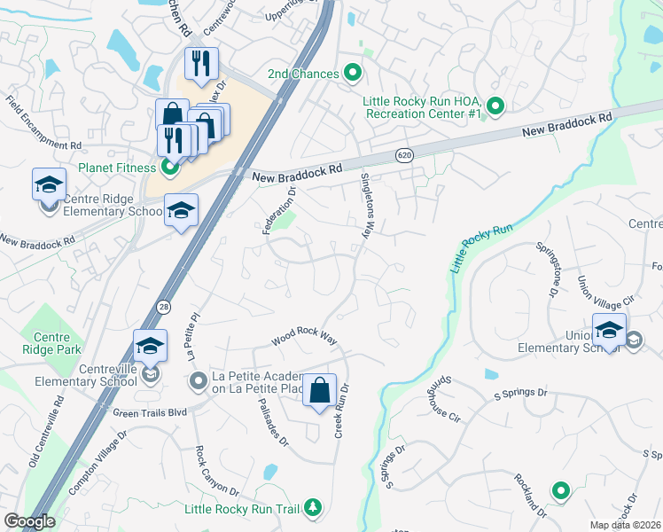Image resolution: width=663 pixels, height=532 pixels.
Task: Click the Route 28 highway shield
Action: tap(164, 307)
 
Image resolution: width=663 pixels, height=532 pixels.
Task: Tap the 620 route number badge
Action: tap(403, 155)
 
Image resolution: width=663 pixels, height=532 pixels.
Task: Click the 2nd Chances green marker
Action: tap(353, 73)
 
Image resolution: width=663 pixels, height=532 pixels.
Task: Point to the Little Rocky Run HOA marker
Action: tap(495, 107)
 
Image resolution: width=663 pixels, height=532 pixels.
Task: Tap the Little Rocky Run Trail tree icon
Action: tap(312, 508)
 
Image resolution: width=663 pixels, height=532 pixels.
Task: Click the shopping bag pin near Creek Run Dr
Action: tap(319, 390)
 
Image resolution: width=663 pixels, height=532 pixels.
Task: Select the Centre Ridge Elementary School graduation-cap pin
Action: tap(49, 185)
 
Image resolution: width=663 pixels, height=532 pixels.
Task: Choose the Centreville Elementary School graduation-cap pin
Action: tap(150, 347)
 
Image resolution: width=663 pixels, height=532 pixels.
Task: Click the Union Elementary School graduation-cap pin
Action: tap(609, 330)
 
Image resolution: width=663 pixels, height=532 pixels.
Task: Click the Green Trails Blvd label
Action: tap(150, 412)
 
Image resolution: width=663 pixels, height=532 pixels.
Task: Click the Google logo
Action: tap(29, 521)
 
